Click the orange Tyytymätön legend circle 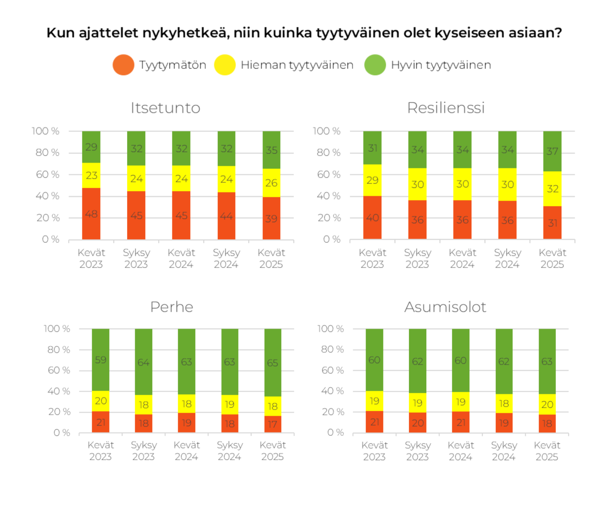123,65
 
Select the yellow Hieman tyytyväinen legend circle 225,65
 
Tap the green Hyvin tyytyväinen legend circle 375,65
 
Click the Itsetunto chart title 165,108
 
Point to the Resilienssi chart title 446,108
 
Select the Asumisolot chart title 445,307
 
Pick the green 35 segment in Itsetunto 271,150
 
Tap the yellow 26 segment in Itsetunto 271,183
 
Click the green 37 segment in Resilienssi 552,151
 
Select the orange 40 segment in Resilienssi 372,217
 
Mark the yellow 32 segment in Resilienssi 552,188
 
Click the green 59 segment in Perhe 101,360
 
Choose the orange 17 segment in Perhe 273,424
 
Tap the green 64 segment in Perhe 143,362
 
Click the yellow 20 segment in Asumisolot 547,404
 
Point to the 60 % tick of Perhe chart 59,370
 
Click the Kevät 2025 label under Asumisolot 547,451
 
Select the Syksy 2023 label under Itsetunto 136,258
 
